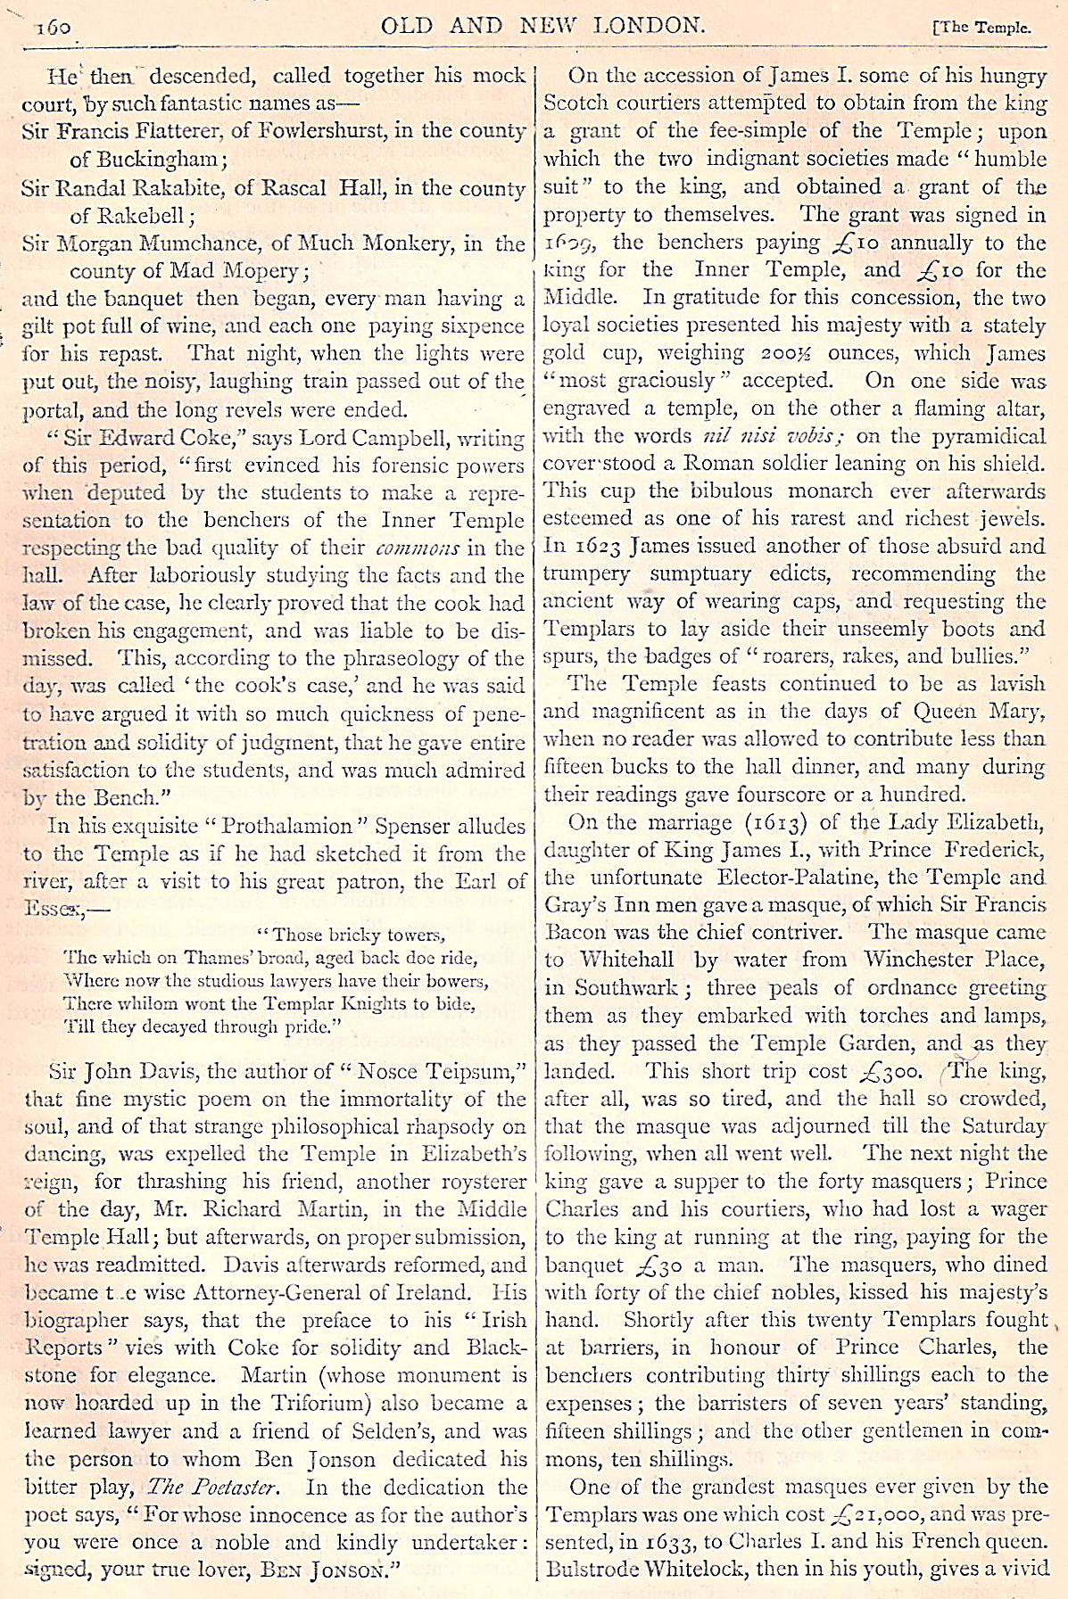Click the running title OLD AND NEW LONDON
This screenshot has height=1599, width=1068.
pyautogui.click(x=543, y=25)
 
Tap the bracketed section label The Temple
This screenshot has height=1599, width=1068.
pyautogui.click(x=981, y=27)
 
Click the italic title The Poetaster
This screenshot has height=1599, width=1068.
pyautogui.click(x=213, y=1487)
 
